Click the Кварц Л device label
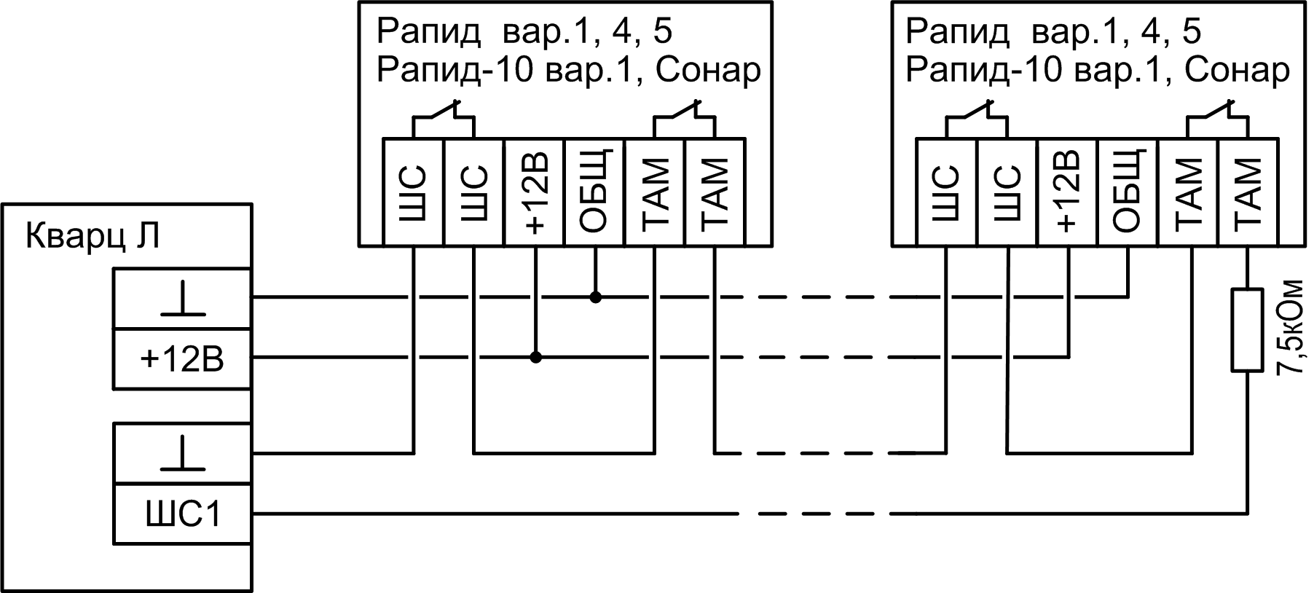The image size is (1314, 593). point(93,237)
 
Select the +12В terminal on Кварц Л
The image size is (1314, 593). point(183,359)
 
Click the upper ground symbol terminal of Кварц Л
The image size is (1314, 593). point(183,299)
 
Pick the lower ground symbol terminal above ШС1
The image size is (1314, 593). point(183,453)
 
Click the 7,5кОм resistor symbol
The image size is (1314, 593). point(1246,330)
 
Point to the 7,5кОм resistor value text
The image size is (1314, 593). point(1291,327)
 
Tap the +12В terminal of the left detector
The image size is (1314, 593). point(535,192)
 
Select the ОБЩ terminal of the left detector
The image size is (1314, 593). point(595,192)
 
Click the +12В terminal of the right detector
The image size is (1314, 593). point(1067,192)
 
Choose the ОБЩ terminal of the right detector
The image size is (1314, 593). point(1128,192)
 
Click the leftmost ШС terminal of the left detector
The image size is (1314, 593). point(414,192)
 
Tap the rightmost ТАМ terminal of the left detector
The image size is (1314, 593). point(715,192)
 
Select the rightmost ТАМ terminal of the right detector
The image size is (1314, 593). point(1247,192)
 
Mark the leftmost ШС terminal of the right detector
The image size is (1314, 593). point(946,192)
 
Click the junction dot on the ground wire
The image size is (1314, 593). point(595,297)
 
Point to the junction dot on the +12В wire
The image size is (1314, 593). point(535,358)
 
